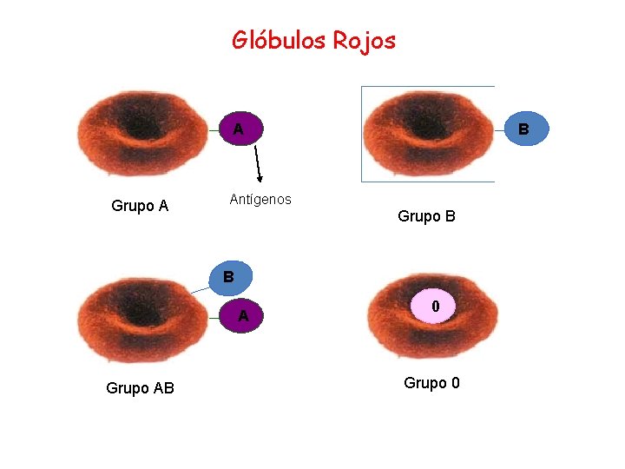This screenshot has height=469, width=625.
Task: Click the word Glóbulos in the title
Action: pyautogui.click(x=275, y=40)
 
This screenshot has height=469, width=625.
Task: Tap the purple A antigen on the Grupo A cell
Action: pyautogui.click(x=237, y=129)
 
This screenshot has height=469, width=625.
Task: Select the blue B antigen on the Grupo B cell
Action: pyautogui.click(x=523, y=130)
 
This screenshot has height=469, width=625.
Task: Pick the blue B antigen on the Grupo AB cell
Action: pyautogui.click(x=228, y=278)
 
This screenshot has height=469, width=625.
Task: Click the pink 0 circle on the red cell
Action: pyautogui.click(x=436, y=307)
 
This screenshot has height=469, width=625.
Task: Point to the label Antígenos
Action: pyautogui.click(x=260, y=200)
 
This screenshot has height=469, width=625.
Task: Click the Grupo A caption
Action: pyautogui.click(x=140, y=206)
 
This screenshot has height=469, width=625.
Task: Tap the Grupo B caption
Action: pyautogui.click(x=426, y=216)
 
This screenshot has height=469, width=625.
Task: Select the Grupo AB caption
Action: pyautogui.click(x=140, y=388)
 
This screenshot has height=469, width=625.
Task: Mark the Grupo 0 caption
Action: pyautogui.click(x=431, y=383)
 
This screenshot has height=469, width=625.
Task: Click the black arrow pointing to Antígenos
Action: pyautogui.click(x=257, y=165)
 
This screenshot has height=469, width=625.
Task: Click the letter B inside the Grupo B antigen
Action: pyautogui.click(x=523, y=130)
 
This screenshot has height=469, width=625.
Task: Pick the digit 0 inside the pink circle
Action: pyautogui.click(x=436, y=307)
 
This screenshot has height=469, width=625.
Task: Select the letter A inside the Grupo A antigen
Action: pyautogui.click(x=237, y=130)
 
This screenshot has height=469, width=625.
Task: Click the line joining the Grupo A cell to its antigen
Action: pyautogui.click(x=213, y=130)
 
